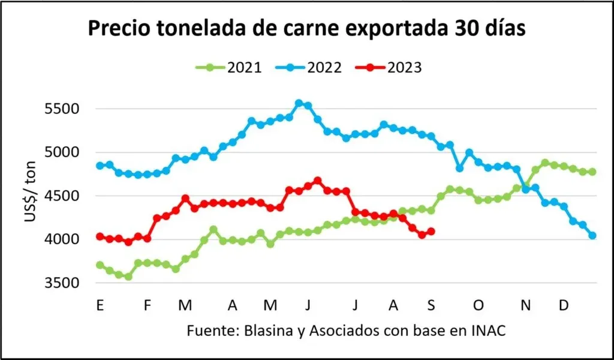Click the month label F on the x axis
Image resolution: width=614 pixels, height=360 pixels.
pyautogui.click(x=148, y=306)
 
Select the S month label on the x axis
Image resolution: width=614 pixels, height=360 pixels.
pyautogui.click(x=431, y=306)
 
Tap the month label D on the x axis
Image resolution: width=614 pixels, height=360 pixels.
pyautogui.click(x=564, y=306)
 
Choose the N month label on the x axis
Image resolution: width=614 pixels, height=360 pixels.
pyautogui.click(x=526, y=306)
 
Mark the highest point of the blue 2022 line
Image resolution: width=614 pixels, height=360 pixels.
pyautogui.click(x=299, y=103)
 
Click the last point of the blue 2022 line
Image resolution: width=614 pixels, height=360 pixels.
pyautogui.click(x=592, y=236)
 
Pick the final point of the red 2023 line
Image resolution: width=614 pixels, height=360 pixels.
pyautogui.click(x=431, y=232)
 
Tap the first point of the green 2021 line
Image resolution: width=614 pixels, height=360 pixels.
pyautogui.click(x=100, y=265)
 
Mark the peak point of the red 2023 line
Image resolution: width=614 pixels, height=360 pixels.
pyautogui.click(x=318, y=181)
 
